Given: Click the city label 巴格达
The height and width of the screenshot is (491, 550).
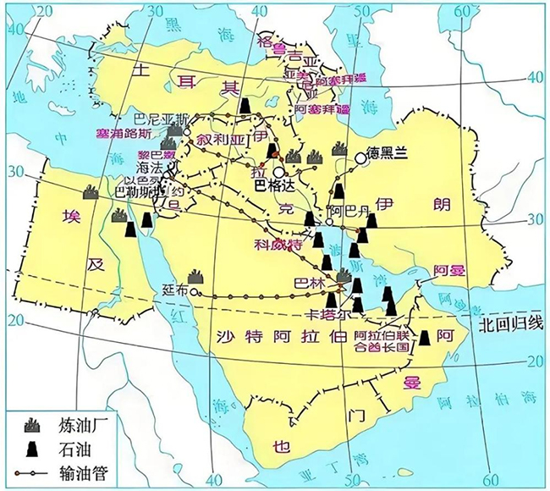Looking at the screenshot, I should click(273, 183).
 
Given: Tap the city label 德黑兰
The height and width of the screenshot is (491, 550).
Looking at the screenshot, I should click(388, 153).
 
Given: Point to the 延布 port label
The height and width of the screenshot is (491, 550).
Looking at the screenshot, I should click(178, 290).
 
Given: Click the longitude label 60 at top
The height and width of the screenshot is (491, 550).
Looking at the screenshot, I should click(463, 12).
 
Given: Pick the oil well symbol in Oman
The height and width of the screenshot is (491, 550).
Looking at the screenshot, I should click(424, 336).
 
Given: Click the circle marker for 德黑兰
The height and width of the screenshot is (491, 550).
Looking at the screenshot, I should click(361, 157).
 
